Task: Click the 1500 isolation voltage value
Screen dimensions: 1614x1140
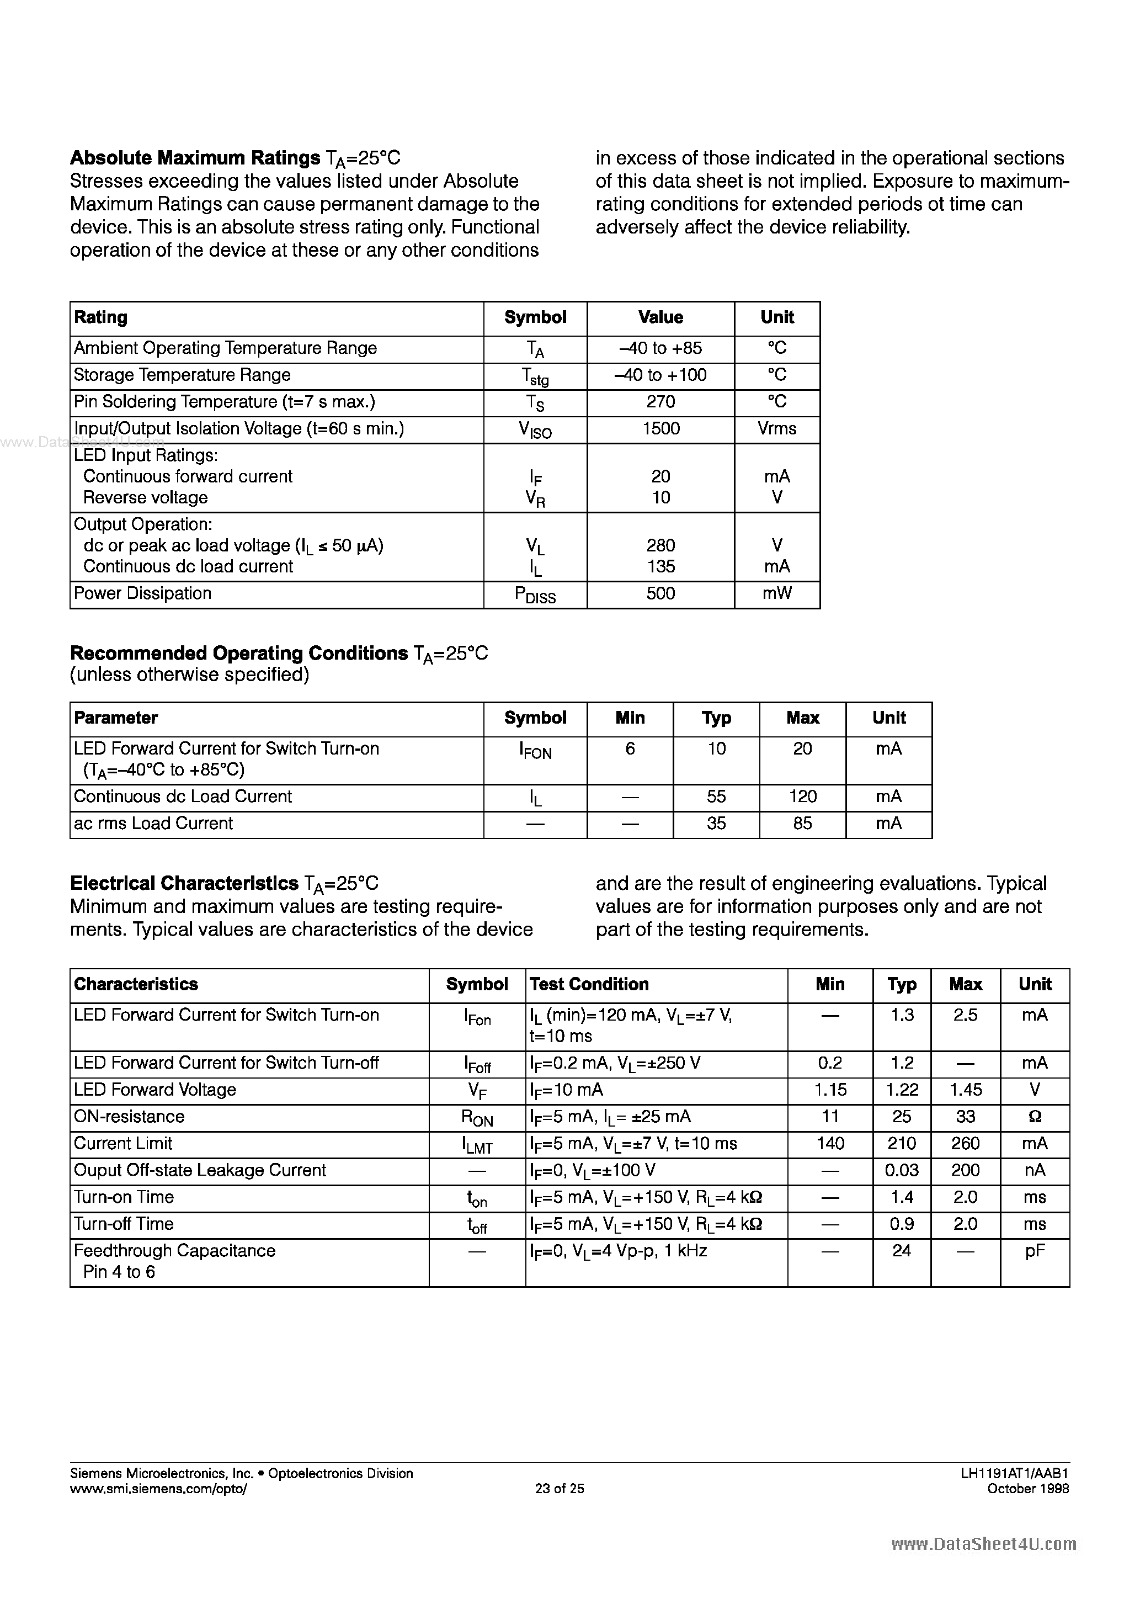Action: pos(660,429)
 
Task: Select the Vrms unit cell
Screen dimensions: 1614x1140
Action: pos(776,429)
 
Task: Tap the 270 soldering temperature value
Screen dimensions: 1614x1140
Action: pos(660,402)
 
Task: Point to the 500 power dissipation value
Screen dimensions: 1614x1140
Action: pos(660,593)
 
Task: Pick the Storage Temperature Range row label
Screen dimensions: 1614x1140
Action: pos(182,375)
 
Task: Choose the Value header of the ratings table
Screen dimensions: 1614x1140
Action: pos(660,318)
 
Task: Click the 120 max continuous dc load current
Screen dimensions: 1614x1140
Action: pos(803,797)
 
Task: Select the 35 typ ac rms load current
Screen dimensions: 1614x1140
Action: pos(716,823)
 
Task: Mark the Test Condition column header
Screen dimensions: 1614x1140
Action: pos(589,984)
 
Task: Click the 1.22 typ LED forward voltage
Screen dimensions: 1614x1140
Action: pos(902,1090)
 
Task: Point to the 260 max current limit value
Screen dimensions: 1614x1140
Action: pos(965,1143)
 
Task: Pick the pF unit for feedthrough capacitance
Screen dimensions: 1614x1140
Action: pos(1035,1251)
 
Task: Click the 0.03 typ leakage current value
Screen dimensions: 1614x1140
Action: pos(902,1170)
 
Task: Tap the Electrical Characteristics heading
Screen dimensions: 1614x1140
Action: pos(184,884)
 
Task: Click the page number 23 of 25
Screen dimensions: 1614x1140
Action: pos(560,1488)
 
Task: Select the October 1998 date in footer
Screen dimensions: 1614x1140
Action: pos(1027,1488)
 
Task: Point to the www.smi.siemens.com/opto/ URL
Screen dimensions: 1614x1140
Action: pos(159,1488)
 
